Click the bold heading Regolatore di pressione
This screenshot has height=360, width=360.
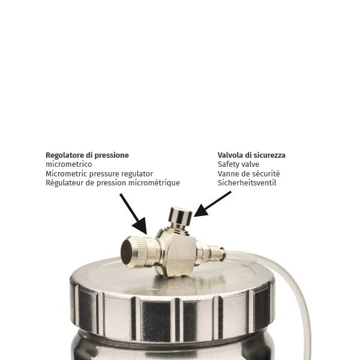[x=87, y=155]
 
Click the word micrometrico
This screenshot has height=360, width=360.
[x=68, y=164]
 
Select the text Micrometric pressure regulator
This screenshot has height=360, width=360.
[x=99, y=174]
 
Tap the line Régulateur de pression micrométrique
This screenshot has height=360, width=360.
[x=113, y=183]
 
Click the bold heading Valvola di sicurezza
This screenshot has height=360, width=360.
[x=251, y=155]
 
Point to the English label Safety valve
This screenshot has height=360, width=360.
[x=238, y=164]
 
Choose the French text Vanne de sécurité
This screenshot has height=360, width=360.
[x=248, y=173]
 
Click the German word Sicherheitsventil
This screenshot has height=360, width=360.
[x=247, y=183]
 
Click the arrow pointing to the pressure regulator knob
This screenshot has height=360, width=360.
[x=133, y=214]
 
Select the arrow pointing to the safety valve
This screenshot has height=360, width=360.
[x=212, y=204]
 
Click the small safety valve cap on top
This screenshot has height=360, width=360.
[x=180, y=216]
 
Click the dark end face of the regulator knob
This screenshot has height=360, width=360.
[x=126, y=252]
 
